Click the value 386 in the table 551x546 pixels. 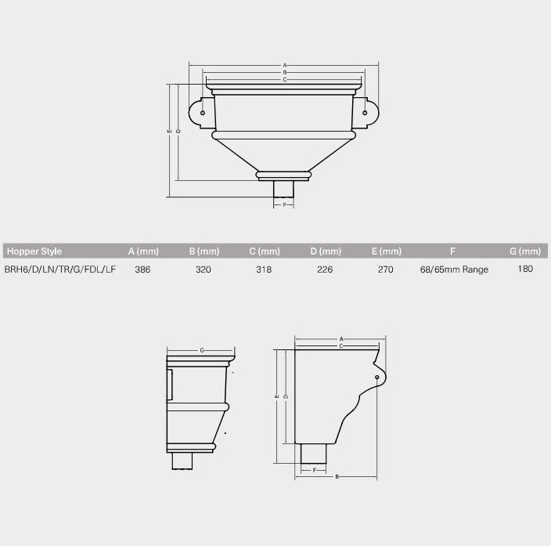(x=142, y=269)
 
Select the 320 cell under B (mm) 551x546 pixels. (x=203, y=269)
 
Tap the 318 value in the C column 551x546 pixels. (x=265, y=269)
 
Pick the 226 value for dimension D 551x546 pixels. (x=325, y=269)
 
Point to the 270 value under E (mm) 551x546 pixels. (x=386, y=269)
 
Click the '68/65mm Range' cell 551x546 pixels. (x=454, y=269)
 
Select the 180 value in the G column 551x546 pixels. (x=525, y=269)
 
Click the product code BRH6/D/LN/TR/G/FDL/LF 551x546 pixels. (x=60, y=269)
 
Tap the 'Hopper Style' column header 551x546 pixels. (x=34, y=251)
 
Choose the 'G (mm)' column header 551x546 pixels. (x=525, y=251)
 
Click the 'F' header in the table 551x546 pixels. (x=453, y=251)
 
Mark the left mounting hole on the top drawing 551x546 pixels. (x=203, y=114)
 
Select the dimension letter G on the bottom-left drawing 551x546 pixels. (x=202, y=350)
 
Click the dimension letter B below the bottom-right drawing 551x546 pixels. (x=337, y=475)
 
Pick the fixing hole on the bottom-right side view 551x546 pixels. (x=377, y=378)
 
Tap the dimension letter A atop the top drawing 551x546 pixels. (x=285, y=64)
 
